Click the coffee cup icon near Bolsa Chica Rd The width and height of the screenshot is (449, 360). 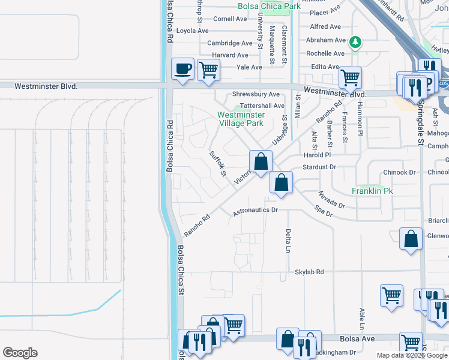coord(182,69)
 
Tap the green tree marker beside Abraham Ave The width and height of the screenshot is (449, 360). coord(355,42)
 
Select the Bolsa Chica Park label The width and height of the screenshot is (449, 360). coord(269,7)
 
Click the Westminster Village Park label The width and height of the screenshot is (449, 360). coord(241,119)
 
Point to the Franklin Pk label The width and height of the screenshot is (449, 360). coord(372,191)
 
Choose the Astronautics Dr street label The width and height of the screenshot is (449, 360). coord(256,211)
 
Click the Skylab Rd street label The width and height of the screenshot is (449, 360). coord(309,272)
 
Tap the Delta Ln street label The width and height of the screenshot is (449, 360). coord(289,241)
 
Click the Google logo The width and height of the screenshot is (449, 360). coord(20,353)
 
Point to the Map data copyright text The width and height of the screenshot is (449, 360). coord(412,355)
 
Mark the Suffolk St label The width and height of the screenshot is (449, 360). coord(217,163)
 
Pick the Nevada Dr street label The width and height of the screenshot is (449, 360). coord(331,200)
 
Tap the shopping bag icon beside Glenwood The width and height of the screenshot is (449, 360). coord(411,239)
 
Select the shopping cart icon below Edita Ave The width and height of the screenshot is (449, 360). coord(350,77)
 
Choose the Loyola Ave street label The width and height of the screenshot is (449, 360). coord(193,31)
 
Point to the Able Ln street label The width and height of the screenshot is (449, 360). coord(362,320)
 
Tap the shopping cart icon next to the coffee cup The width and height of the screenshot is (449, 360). coord(208,69)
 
